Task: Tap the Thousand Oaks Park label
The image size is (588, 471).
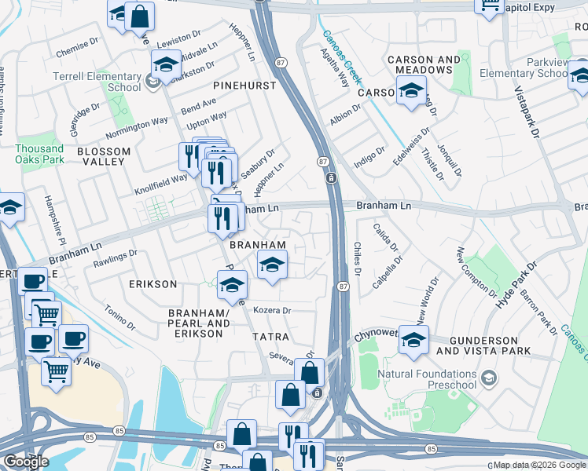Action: (x=39, y=154)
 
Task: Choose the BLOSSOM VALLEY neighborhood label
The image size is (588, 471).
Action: (x=101, y=155)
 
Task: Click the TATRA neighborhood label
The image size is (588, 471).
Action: (x=270, y=336)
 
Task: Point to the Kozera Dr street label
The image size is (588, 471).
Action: (x=273, y=311)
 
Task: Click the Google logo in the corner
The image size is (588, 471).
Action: (x=26, y=462)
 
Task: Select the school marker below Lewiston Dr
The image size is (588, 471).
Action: (x=166, y=65)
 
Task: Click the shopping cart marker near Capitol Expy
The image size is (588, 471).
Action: (x=489, y=5)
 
